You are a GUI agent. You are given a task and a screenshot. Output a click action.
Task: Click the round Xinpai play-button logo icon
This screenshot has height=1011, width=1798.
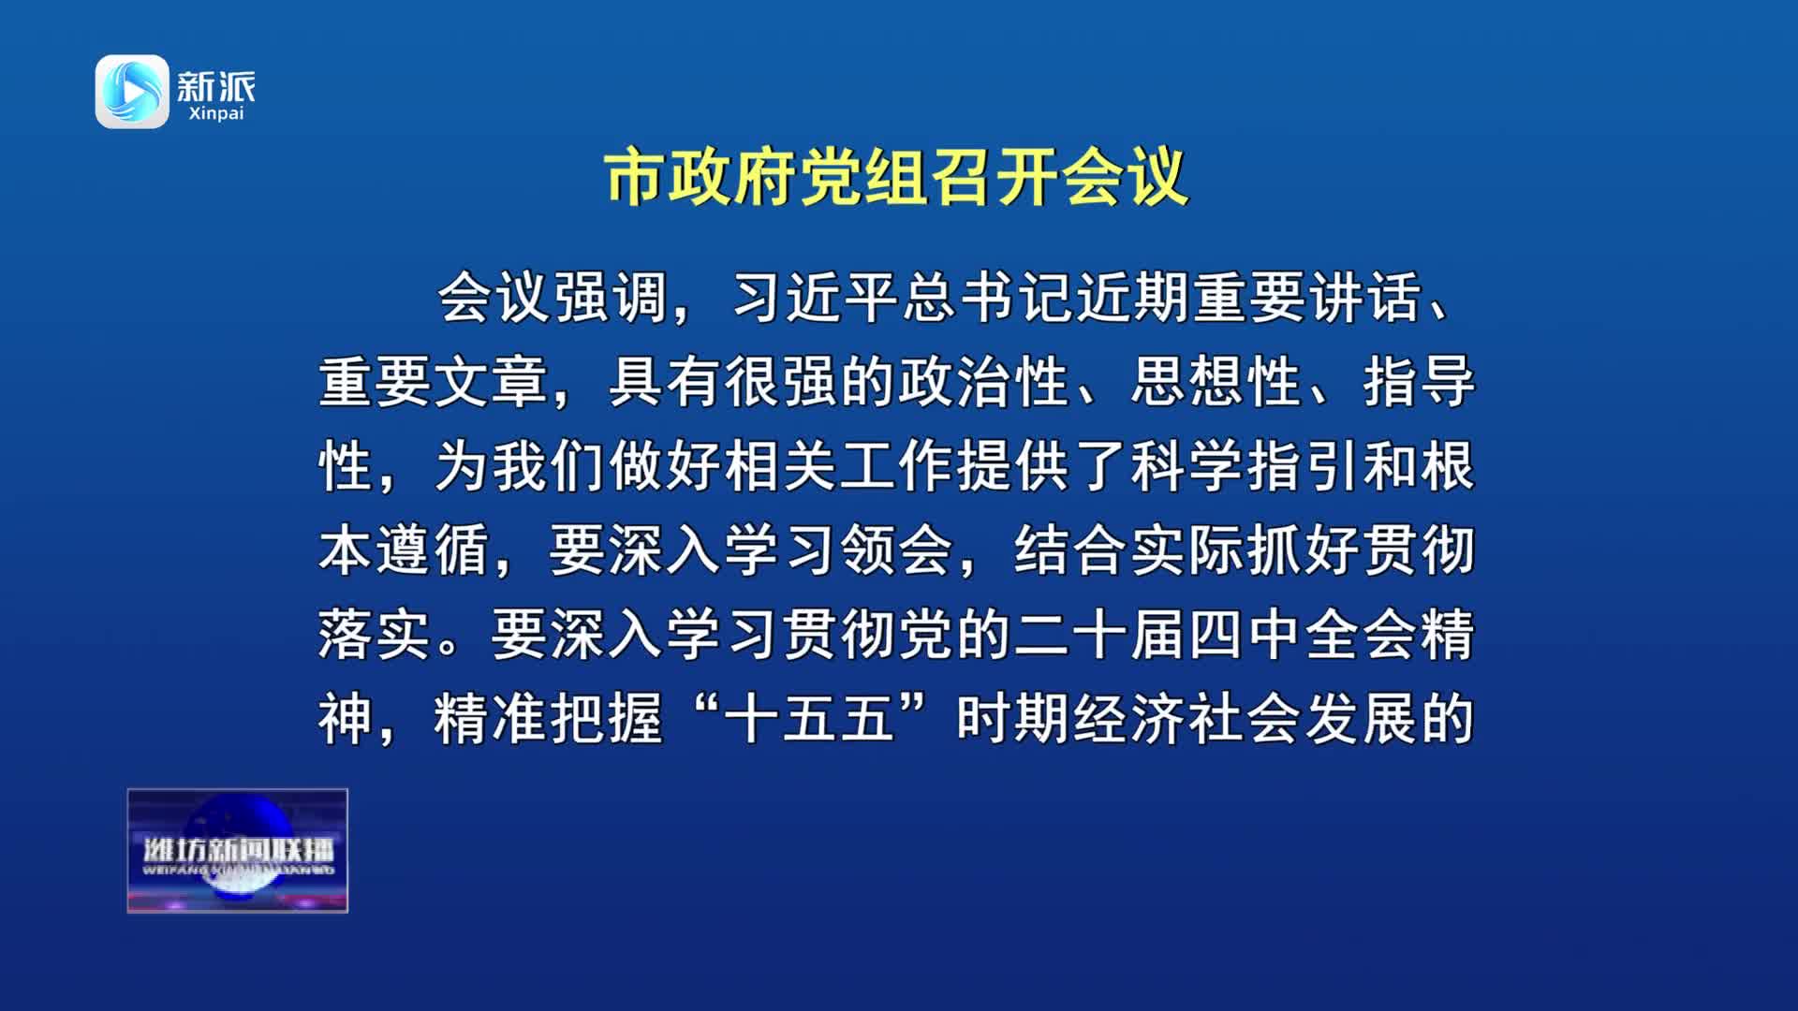[x=132, y=92]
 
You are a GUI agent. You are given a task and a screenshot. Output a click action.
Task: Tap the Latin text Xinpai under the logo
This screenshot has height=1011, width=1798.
[x=215, y=113]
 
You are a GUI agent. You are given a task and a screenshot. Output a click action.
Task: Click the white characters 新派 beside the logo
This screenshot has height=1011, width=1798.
[x=215, y=86]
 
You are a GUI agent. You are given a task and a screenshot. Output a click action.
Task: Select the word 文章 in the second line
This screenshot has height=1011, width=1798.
[x=492, y=382]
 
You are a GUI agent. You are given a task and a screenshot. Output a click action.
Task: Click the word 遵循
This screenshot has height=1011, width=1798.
[x=434, y=550]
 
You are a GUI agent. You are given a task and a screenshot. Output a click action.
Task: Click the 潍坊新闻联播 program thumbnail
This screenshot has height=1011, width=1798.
[x=238, y=851]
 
